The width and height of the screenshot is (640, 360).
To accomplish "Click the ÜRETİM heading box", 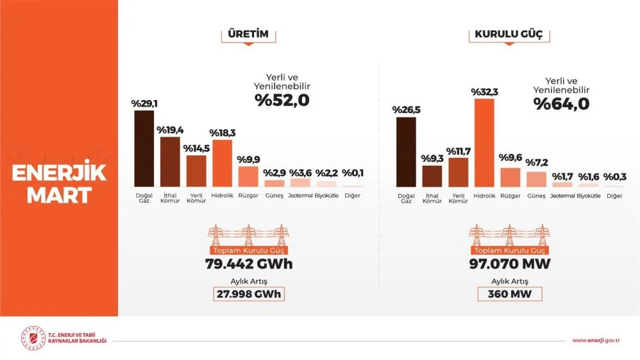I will tap(248, 34).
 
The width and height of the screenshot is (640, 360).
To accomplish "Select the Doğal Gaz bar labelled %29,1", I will tap(144, 148).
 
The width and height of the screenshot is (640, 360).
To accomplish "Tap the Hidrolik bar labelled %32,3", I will tap(484, 142).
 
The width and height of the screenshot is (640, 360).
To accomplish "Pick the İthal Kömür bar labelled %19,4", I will tap(170, 161).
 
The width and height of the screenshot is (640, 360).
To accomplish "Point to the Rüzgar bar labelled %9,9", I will tap(248, 176).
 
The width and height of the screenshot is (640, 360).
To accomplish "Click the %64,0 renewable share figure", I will tap(562, 103).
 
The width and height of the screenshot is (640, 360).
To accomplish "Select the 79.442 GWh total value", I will tap(248, 264).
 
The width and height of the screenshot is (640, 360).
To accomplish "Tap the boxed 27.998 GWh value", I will tap(248, 294).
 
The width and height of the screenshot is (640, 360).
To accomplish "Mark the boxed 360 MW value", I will tap(509, 294).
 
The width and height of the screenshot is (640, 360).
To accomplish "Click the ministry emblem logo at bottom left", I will tap(31, 338).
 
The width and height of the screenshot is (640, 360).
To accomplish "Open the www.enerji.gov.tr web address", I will tap(595, 339).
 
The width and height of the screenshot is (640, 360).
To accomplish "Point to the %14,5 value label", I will tap(197, 148).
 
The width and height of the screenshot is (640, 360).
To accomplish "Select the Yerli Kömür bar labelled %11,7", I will tap(458, 171).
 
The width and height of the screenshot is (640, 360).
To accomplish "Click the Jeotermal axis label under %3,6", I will tap(300, 195).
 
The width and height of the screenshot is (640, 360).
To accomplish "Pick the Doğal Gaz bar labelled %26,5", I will tap(406, 151).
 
